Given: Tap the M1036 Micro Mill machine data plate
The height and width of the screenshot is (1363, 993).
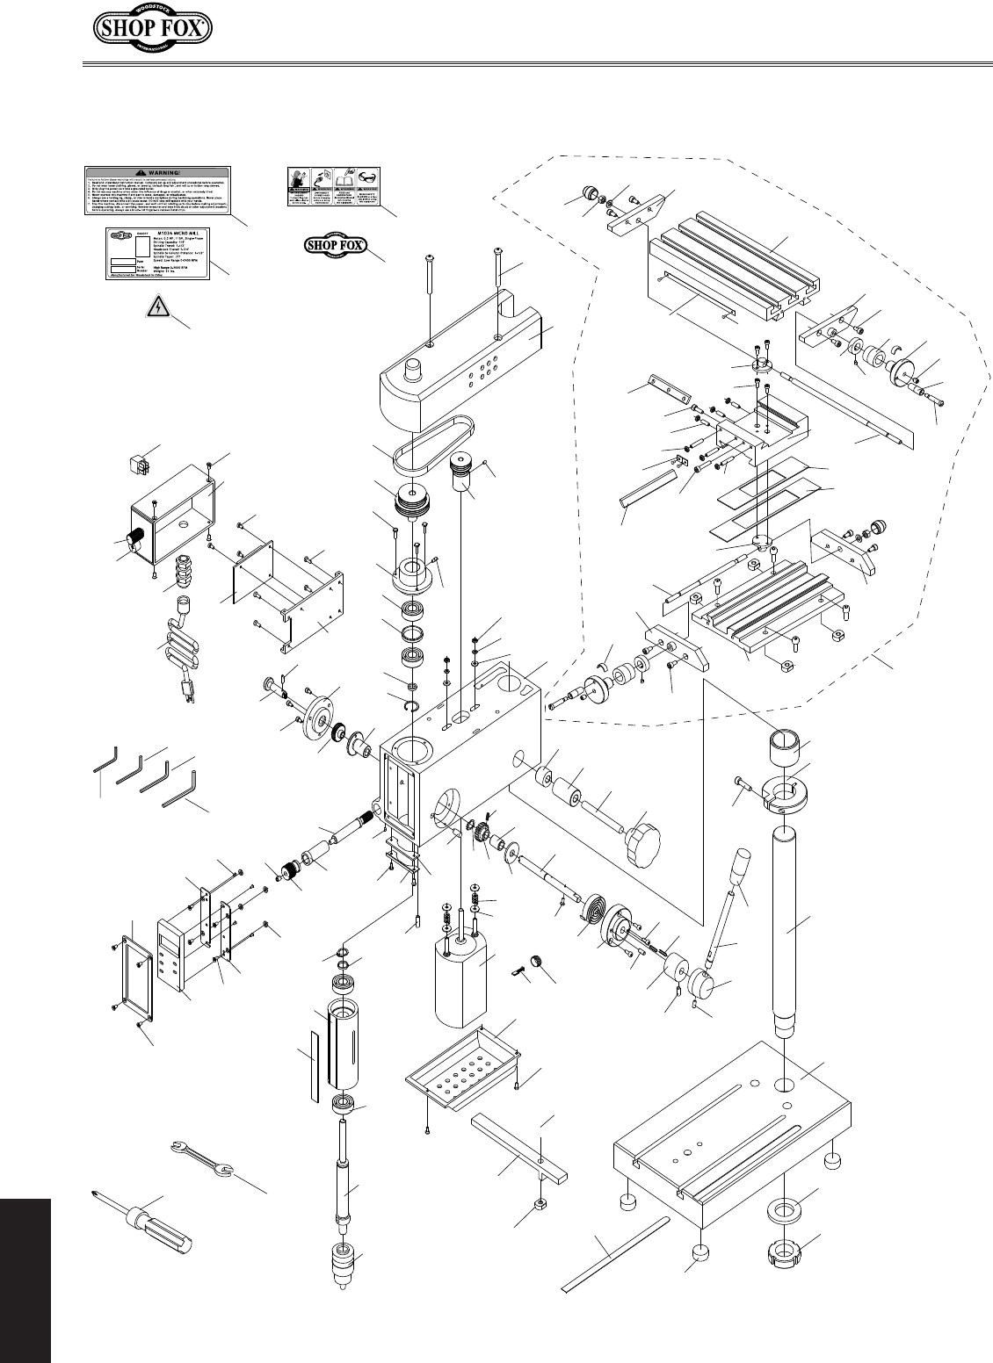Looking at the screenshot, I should pos(158,256).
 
